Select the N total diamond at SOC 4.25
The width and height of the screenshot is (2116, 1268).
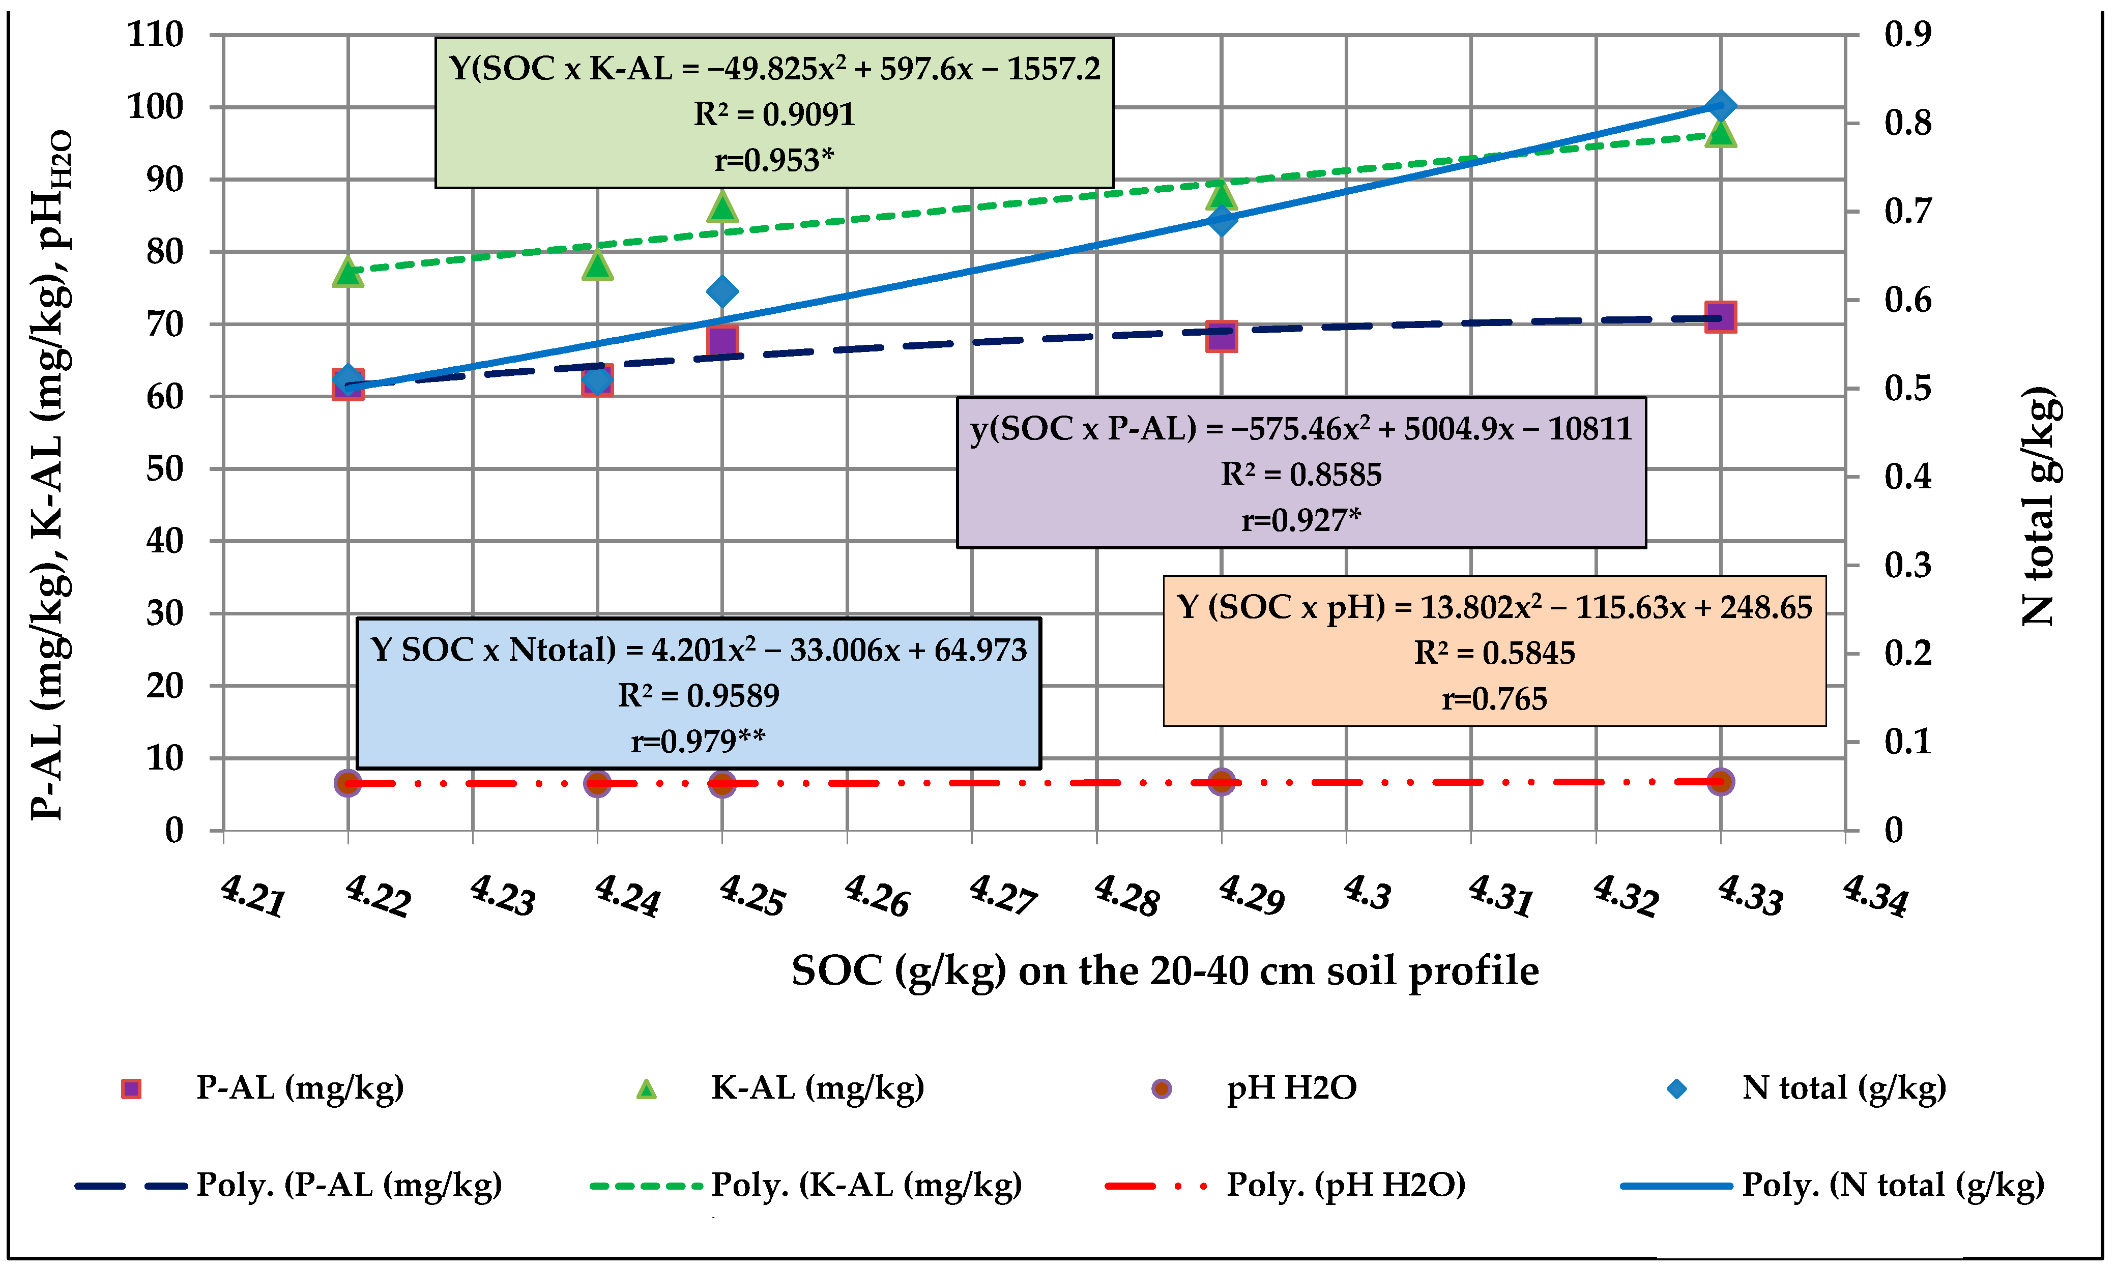[722, 291]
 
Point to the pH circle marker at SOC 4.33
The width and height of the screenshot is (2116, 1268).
[1720, 781]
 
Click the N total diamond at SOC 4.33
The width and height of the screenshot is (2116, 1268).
[1720, 106]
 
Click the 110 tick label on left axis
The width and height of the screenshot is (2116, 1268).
[156, 35]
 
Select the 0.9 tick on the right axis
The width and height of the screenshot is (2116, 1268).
[1907, 35]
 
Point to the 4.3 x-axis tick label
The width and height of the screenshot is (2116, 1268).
[1368, 894]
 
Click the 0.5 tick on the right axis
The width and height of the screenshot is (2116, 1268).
[1907, 389]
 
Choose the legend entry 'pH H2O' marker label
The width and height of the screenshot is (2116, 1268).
[1290, 1088]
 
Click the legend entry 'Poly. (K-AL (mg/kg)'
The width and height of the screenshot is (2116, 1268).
[866, 1185]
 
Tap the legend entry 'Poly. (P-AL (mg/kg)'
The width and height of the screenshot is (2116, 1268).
[349, 1185]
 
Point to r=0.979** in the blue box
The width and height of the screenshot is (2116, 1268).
[698, 741]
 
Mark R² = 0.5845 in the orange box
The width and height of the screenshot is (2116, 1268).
[1494, 653]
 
